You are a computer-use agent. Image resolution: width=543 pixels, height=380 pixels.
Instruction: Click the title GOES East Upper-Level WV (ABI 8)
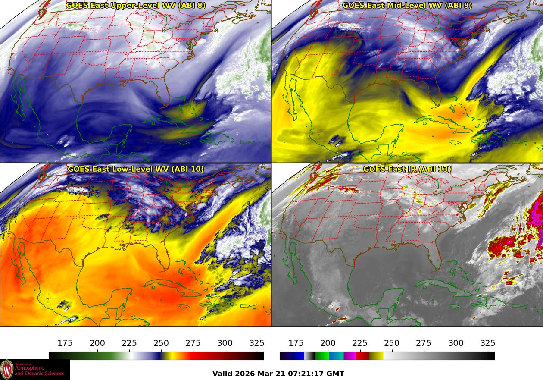click(x=136, y=6)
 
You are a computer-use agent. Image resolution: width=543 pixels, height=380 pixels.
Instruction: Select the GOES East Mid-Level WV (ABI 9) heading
click(x=407, y=6)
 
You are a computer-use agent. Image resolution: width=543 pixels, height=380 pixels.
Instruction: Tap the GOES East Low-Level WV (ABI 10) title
click(x=136, y=169)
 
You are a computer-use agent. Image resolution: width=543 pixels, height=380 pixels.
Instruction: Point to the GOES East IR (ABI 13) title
click(x=407, y=169)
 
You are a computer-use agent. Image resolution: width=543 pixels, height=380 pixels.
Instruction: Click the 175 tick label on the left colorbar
click(x=65, y=343)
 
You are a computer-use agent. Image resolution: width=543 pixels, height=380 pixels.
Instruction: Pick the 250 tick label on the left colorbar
click(x=161, y=343)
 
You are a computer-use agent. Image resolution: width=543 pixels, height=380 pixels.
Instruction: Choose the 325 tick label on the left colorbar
click(x=257, y=343)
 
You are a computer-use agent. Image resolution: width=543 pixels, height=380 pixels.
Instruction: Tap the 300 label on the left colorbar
click(x=225, y=343)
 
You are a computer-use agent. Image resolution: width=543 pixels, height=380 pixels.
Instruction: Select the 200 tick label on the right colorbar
click(x=328, y=343)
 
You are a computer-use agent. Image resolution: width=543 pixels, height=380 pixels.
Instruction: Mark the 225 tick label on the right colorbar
click(x=360, y=343)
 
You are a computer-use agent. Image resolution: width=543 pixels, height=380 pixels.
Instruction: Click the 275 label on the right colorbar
click(x=424, y=343)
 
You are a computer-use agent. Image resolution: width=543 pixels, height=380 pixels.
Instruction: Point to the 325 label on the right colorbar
click(x=487, y=343)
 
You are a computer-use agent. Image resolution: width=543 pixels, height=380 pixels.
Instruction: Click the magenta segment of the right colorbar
click(x=350, y=356)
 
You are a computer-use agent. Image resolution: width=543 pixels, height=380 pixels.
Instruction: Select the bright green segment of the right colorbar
click(x=321, y=356)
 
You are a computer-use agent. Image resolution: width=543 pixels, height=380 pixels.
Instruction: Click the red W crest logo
click(x=7, y=370)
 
